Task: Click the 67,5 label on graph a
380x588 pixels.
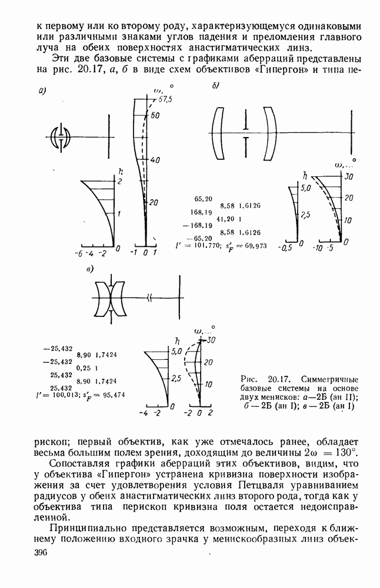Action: pyautogui.click(x=163, y=99)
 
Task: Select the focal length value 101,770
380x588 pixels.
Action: pyautogui.click(x=201, y=246)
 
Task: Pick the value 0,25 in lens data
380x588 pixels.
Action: pyautogui.click(x=83, y=368)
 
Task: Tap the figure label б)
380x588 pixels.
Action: pyautogui.click(x=215, y=86)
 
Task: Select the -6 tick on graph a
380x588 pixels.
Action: pyautogui.click(x=78, y=253)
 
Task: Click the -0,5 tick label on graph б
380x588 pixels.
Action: pyautogui.click(x=285, y=248)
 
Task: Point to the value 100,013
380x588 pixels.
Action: pyautogui.click(x=61, y=395)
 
